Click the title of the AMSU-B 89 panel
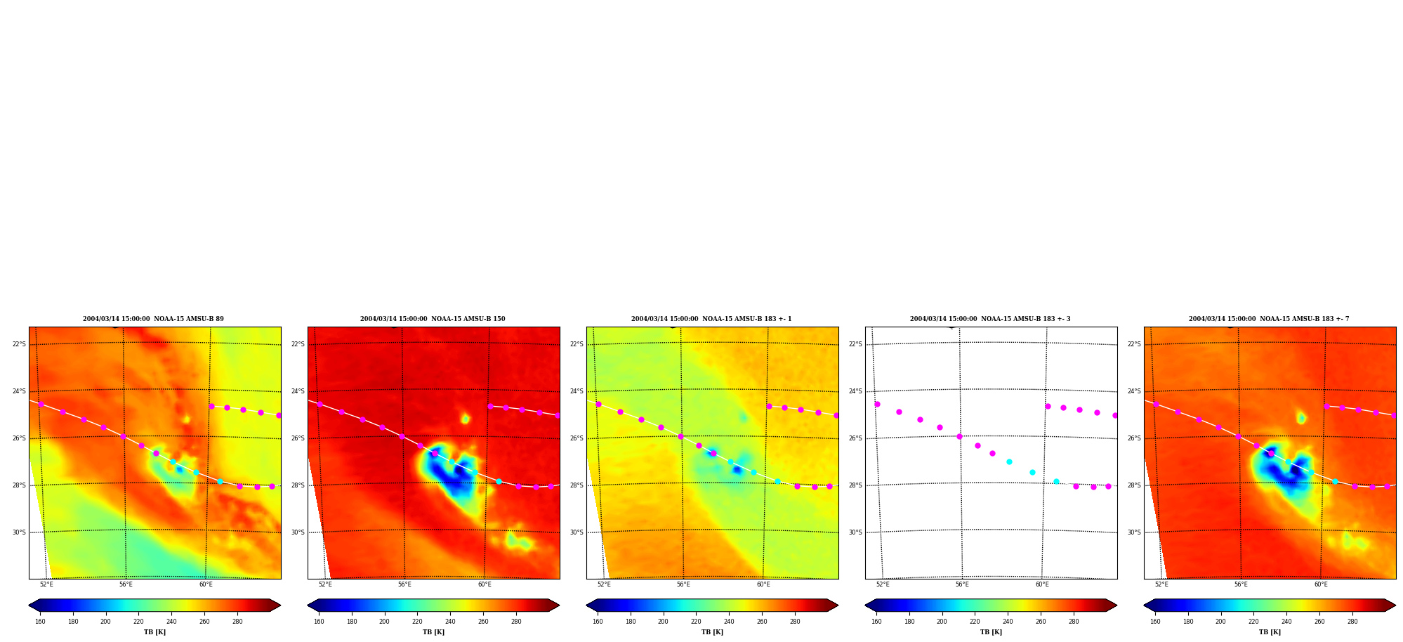point(153,319)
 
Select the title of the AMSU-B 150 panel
point(433,319)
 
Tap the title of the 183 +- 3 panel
point(990,319)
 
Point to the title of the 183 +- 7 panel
point(1269,319)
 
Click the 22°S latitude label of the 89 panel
point(19,344)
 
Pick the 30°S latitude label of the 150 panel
point(298,532)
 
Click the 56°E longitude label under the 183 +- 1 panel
point(683,584)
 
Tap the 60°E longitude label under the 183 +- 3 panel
point(1042,584)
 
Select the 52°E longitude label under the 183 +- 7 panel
point(1161,584)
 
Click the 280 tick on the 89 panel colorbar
point(237,622)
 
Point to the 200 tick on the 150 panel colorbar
point(384,622)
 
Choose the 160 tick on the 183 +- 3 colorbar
point(876,622)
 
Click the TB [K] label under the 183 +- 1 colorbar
point(712,632)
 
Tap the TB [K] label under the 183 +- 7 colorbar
point(1270,632)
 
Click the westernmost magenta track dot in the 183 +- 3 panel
point(877,404)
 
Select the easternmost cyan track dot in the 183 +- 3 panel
point(1056,481)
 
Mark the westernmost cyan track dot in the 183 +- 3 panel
point(1009,461)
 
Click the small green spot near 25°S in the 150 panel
point(465,419)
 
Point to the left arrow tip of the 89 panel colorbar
point(29,605)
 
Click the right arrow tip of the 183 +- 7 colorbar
point(1395,605)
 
